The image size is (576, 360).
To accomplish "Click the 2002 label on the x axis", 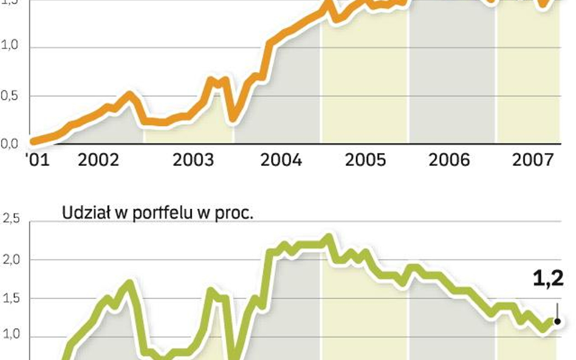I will tap(98, 160).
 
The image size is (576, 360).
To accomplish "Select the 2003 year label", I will tap(193, 160).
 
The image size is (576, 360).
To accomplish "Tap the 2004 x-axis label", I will tap(281, 160).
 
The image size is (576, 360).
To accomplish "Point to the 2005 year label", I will tap(365, 160).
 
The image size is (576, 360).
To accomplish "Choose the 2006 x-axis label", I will tap(449, 160).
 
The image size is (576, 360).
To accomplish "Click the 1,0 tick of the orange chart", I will tap(10, 47).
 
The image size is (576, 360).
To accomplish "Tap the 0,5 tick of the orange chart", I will tap(10, 95).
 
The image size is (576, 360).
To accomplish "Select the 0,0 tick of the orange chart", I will tap(10, 144).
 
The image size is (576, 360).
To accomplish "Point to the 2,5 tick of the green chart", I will tap(10, 220).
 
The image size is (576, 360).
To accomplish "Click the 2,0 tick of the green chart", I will tap(10, 259).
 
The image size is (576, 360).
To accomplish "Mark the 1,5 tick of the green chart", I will tap(10, 298).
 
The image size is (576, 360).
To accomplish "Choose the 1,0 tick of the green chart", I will tap(10, 336).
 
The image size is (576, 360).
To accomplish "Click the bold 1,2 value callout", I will tap(548, 279).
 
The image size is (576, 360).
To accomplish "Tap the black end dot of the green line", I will tap(557, 321).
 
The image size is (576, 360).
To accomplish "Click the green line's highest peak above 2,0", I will tap(329, 237).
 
